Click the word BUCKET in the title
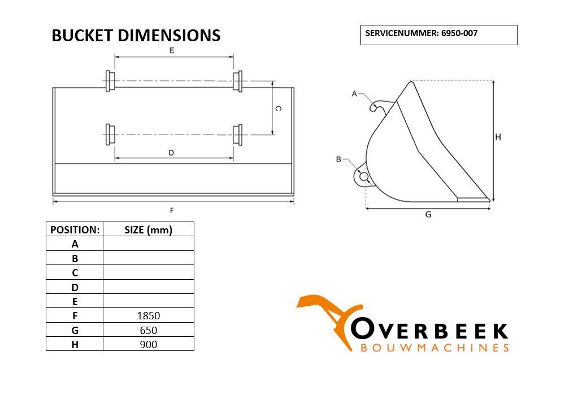(x=82, y=36)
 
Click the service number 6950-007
(x=459, y=33)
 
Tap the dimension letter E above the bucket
(x=172, y=50)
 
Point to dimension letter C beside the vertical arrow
(x=278, y=108)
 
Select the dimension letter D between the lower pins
(x=171, y=153)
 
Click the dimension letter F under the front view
(x=172, y=210)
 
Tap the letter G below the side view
(x=428, y=214)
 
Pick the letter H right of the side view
(x=498, y=137)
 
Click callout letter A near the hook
(x=354, y=94)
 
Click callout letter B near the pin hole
(x=338, y=159)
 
